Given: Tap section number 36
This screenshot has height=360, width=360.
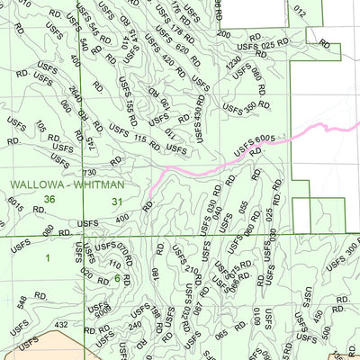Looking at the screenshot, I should tap(49, 200).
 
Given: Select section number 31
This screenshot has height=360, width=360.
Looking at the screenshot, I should tap(117, 201).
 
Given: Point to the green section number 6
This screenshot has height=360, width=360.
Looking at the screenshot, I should tap(117, 278).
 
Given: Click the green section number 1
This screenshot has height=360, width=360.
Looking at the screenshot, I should tap(47, 259).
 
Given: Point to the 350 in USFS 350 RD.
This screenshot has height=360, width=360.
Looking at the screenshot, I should tap(251, 109).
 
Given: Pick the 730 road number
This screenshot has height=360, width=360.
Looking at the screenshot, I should tap(89, 172).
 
